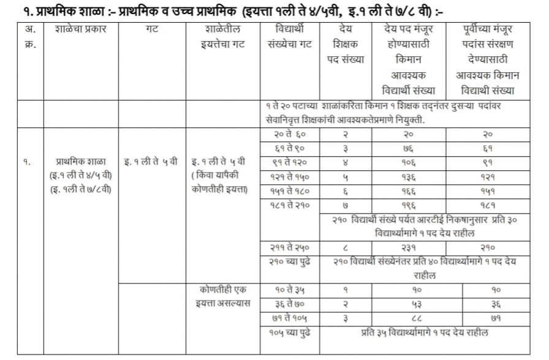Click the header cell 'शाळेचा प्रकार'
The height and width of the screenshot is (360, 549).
tap(81, 29)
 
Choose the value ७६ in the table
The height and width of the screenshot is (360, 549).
tap(409, 149)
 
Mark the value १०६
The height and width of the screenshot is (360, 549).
tap(409, 163)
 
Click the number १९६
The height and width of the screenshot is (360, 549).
tap(409, 205)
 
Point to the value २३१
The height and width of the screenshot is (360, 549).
tap(409, 247)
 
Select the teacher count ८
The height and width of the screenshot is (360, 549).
tap(349, 247)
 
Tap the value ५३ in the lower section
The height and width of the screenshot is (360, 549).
tap(409, 304)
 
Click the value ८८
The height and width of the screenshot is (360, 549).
tap(409, 318)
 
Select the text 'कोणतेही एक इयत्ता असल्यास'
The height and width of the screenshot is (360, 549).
tap(220, 296)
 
